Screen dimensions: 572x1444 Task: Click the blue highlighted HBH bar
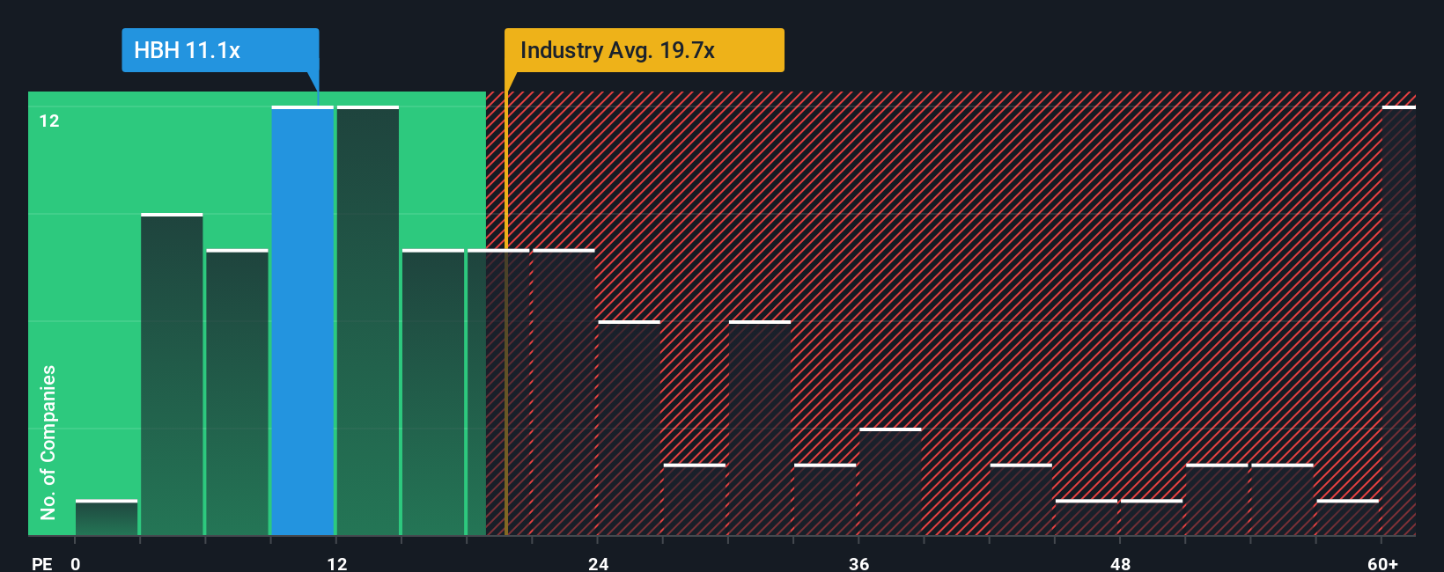point(303,321)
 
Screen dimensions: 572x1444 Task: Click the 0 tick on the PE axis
point(76,563)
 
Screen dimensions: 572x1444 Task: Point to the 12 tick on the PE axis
point(337,563)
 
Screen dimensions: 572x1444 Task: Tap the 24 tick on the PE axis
point(599,563)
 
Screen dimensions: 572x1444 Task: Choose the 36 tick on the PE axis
point(859,563)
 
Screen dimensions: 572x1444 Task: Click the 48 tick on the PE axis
point(1120,563)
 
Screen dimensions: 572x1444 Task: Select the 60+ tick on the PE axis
point(1382,563)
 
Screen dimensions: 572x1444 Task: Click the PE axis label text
point(41,563)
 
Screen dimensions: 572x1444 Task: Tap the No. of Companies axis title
point(48,442)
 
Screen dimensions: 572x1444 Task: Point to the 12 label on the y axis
point(49,121)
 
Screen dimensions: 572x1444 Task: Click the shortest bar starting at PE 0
point(107,518)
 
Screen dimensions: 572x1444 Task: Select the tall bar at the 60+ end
point(1398,321)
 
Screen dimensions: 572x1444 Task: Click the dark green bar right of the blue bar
point(368,321)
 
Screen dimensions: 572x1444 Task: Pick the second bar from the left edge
point(172,375)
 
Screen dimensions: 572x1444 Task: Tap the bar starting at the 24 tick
point(630,429)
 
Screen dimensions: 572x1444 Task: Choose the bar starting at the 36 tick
point(890,482)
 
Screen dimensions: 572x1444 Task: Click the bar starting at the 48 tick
point(1152,518)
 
